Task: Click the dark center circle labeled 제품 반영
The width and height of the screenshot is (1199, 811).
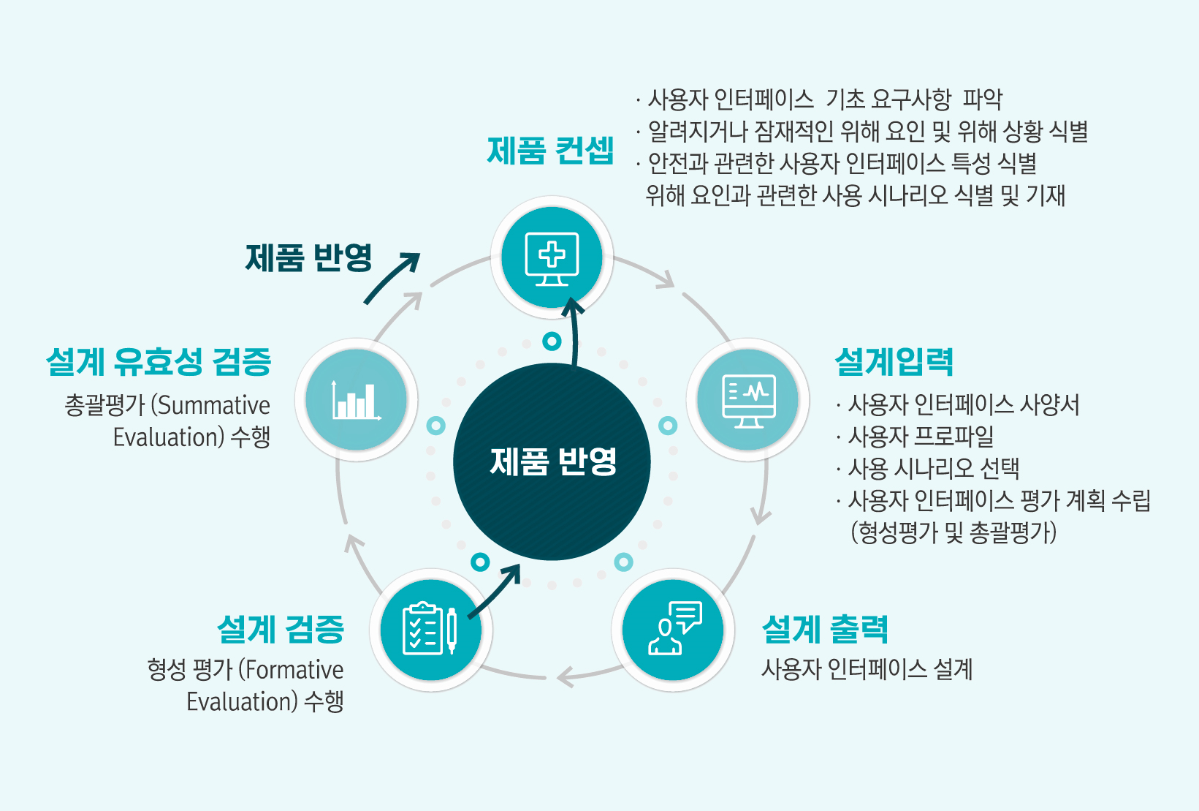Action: pyautogui.click(x=552, y=461)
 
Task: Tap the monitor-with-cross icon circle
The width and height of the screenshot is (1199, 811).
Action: pyautogui.click(x=552, y=257)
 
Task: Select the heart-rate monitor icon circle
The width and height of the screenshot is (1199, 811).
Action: pyautogui.click(x=747, y=399)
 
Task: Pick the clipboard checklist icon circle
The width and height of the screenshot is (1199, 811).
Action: pyautogui.click(x=431, y=630)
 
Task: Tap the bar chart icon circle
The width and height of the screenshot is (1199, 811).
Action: pyautogui.click(x=356, y=399)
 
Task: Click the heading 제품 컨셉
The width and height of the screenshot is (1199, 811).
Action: pyautogui.click(x=550, y=151)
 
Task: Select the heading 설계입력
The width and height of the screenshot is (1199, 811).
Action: pyautogui.click(x=894, y=361)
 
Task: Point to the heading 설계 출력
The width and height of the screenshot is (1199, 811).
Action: pyautogui.click(x=825, y=629)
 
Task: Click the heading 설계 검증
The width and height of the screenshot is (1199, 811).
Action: pyautogui.click(x=281, y=629)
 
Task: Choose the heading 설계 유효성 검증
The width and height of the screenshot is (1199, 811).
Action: pyautogui.click(x=159, y=361)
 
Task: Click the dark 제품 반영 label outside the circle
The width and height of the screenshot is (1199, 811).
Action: pyautogui.click(x=309, y=257)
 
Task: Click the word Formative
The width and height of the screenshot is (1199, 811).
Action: pyautogui.click(x=294, y=670)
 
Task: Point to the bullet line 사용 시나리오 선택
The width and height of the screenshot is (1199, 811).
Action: pyautogui.click(x=928, y=468)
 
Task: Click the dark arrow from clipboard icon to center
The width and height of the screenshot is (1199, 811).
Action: pyautogui.click(x=493, y=592)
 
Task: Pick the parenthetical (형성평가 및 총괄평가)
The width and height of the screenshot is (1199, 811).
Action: pyautogui.click(x=954, y=532)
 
